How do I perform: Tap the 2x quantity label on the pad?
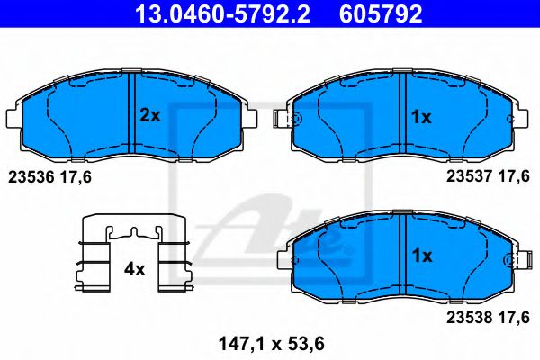(x=149, y=115)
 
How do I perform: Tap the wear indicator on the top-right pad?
(x=291, y=119)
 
